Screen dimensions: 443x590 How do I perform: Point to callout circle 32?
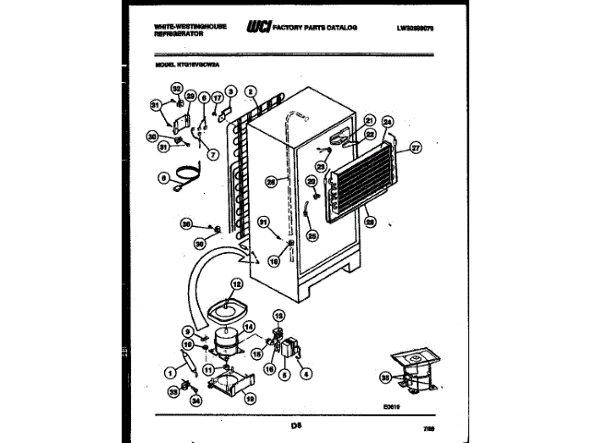pos(177,90)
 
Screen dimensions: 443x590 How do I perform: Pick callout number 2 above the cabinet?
pos(251,92)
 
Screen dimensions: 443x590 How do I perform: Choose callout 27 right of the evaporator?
pos(415,146)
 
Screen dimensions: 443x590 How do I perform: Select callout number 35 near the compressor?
pos(384,377)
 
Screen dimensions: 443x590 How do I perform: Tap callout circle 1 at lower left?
pos(170,373)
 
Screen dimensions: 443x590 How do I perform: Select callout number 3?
pos(231,91)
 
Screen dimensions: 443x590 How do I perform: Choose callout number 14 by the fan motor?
pos(248,327)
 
